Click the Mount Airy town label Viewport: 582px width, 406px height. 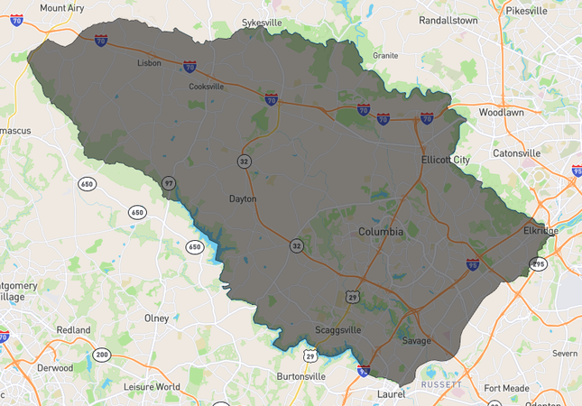coord(62,8)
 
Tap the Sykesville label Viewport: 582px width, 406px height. coord(263,22)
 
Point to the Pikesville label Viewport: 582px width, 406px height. coord(528,11)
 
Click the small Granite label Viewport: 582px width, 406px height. coord(385,55)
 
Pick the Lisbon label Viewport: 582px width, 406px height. coord(149,63)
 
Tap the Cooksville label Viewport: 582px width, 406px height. coord(206,87)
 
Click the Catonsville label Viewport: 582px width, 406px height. coord(516,153)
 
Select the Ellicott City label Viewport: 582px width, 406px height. coord(446,160)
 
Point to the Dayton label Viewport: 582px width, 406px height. coord(243,198)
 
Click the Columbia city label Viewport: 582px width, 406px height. coord(381,232)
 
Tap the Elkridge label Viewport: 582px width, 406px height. coord(540,231)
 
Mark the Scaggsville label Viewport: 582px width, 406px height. coord(337,330)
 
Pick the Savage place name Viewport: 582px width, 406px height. coord(417,340)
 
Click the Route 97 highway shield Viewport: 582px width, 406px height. coord(169,183)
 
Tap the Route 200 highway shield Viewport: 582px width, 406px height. coord(102,355)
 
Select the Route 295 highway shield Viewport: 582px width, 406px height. coord(539,264)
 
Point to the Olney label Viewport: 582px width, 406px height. coord(156,318)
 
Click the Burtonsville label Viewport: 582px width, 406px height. coord(300,376)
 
